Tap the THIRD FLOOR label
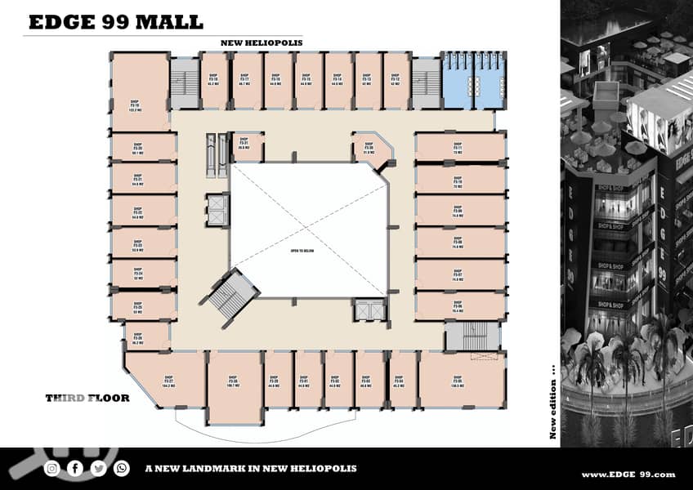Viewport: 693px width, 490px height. point(87,398)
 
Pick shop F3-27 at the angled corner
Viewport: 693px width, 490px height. point(168,381)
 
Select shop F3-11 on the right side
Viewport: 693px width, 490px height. point(459,147)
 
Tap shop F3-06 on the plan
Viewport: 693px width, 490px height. point(459,305)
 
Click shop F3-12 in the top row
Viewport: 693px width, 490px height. point(396,80)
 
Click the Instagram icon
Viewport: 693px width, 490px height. point(52,468)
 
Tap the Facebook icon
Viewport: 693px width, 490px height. point(75,468)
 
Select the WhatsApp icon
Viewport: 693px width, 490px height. point(122,468)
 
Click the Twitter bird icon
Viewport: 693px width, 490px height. point(99,468)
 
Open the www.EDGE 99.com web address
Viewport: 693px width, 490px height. point(628,474)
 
